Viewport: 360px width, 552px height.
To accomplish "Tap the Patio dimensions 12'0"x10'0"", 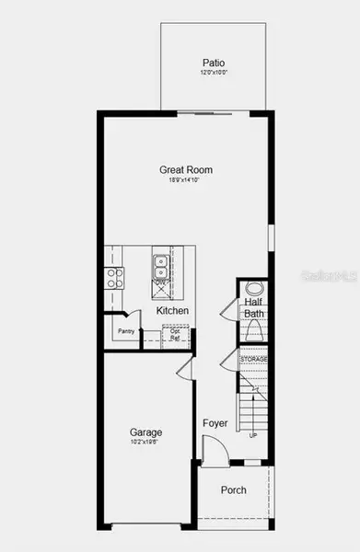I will (x=213, y=73).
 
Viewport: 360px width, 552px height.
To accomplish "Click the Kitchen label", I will (x=172, y=311).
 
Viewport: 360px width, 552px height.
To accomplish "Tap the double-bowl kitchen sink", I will (x=160, y=266).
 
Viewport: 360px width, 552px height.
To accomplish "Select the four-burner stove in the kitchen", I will (x=115, y=277).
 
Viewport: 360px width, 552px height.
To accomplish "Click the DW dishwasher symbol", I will (x=160, y=289).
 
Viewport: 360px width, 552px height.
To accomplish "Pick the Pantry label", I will (x=127, y=331).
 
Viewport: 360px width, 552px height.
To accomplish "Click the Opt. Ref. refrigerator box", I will (x=175, y=335).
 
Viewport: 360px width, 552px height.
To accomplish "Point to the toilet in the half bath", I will (x=253, y=329).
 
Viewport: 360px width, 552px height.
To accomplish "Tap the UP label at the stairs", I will (x=253, y=435).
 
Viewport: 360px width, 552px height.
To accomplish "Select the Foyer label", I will (x=215, y=423).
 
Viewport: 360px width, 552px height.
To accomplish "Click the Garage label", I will (x=145, y=431).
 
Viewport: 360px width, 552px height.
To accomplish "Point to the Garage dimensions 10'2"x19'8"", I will (x=145, y=443).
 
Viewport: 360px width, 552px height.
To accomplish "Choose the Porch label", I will (x=233, y=490).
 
